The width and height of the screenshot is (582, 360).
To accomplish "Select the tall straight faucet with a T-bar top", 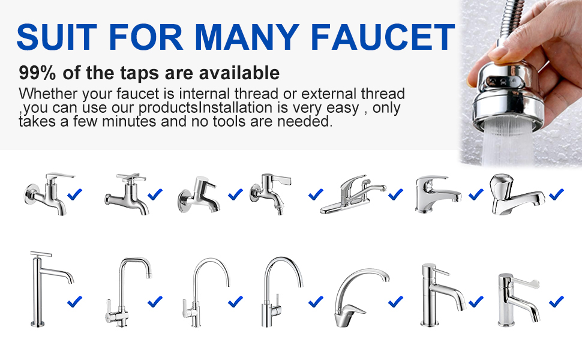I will pos(45,288).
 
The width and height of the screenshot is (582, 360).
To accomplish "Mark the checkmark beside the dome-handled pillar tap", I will pos(556,194).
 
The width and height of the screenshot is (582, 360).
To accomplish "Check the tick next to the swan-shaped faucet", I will pos(396,301).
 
